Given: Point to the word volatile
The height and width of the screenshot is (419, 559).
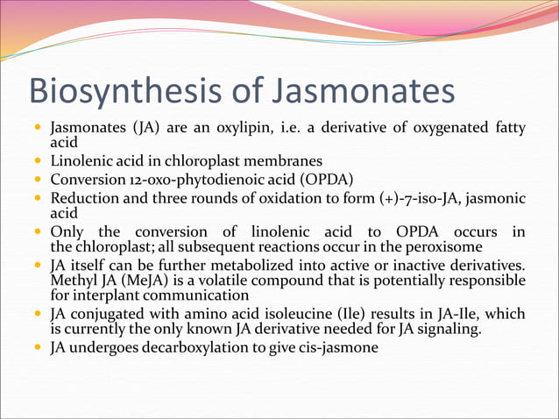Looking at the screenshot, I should click(226, 281).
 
